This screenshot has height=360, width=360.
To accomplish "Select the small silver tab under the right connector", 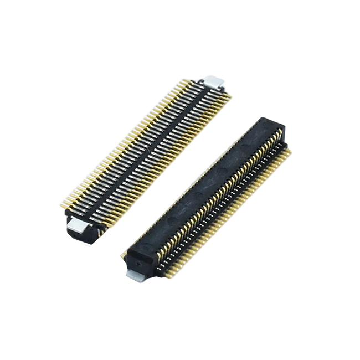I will [136, 275].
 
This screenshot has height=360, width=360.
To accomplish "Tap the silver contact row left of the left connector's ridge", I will [133, 155].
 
